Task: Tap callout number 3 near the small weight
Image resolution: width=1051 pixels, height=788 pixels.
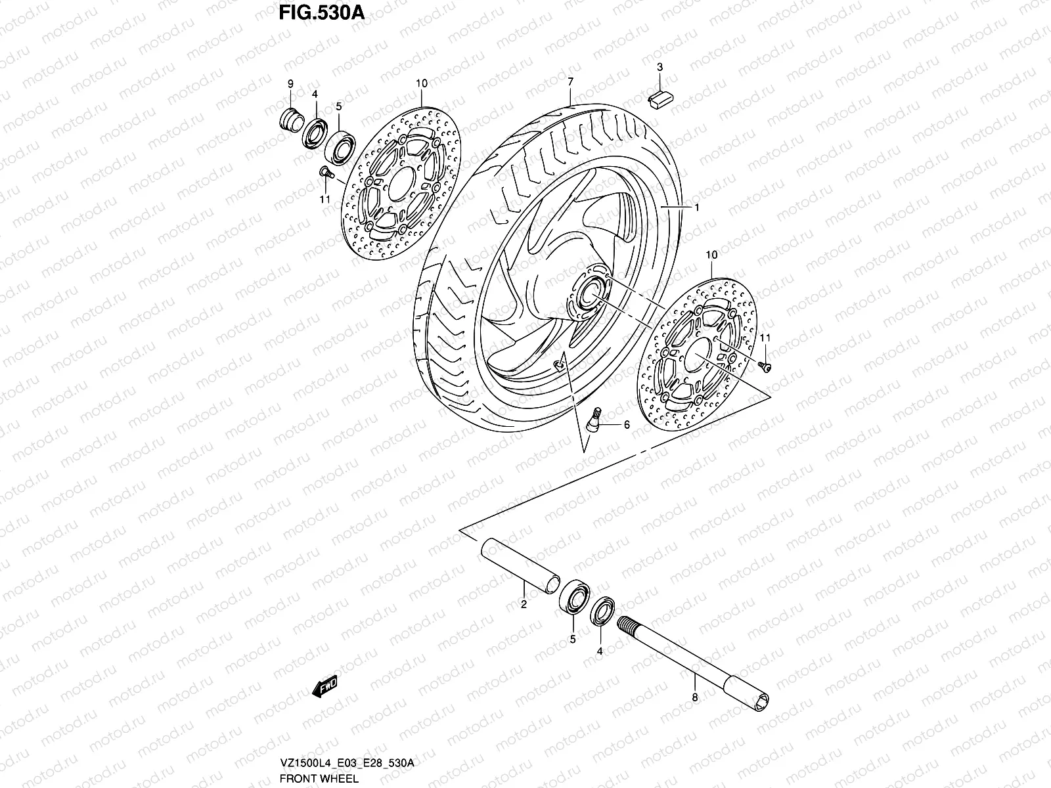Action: pos(660,67)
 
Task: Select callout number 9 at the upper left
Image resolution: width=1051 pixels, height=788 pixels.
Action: pos(290,83)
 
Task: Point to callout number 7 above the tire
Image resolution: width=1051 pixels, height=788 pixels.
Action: pos(570,81)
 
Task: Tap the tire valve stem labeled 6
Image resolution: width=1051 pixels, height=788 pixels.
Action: pos(594,419)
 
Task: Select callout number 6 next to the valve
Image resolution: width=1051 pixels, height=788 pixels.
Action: pos(626,426)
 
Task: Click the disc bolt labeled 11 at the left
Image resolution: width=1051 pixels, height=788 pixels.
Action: pos(324,173)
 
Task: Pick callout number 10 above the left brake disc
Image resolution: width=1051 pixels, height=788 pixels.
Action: pos(421,83)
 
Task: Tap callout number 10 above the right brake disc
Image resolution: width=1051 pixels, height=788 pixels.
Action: pos(711,254)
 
